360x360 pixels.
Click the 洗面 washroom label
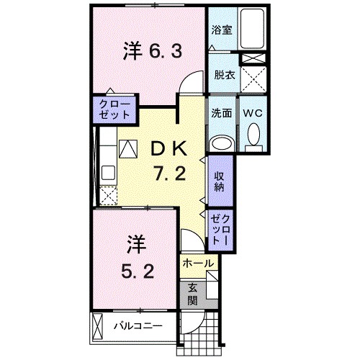220,114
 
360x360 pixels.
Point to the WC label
251,114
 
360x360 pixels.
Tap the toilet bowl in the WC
253,136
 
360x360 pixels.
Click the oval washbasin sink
221,143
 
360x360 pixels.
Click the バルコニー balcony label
138,325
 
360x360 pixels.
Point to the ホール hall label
197,264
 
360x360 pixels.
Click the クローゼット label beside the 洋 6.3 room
115,109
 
